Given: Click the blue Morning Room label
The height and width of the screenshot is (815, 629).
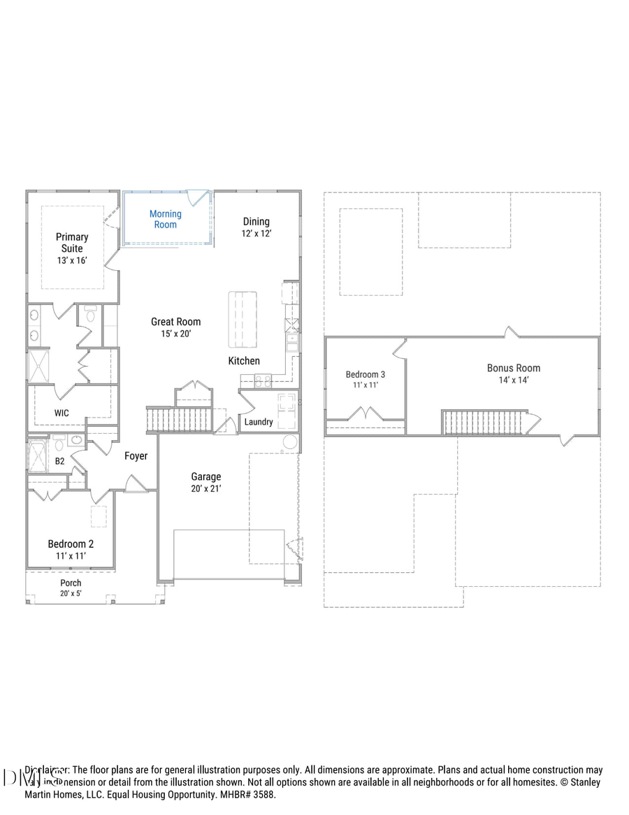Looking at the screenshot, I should (x=166, y=220).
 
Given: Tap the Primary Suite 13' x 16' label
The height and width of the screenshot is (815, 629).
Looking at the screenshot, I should (x=72, y=248).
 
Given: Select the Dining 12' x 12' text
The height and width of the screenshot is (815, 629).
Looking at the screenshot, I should (x=256, y=227).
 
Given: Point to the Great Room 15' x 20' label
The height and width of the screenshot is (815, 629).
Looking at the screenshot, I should (x=175, y=327).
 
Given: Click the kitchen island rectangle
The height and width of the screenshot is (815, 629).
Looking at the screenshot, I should (x=243, y=319).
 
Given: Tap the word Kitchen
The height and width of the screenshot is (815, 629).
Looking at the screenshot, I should (x=244, y=361).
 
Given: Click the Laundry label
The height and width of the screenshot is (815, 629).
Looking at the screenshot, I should (x=259, y=422).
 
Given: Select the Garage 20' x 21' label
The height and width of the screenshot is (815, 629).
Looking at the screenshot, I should (x=206, y=483).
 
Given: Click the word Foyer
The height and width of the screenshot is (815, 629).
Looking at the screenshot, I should (x=136, y=456).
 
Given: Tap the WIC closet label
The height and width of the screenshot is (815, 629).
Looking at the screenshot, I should (x=62, y=413).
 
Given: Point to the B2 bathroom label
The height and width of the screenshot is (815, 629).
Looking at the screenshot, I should (x=60, y=462).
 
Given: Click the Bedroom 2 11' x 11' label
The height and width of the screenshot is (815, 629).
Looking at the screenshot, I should (x=71, y=549).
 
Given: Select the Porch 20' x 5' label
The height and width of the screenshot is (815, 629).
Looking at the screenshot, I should (x=71, y=588).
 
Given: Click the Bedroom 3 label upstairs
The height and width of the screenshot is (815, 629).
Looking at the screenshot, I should (x=366, y=379).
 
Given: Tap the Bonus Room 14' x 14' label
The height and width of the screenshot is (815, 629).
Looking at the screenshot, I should (x=514, y=374).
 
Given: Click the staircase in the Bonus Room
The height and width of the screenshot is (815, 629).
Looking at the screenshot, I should (x=482, y=422).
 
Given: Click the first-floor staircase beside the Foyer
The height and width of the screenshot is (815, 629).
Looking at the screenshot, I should (x=178, y=420).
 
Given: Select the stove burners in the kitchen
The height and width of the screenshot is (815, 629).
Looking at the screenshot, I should (x=262, y=381).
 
